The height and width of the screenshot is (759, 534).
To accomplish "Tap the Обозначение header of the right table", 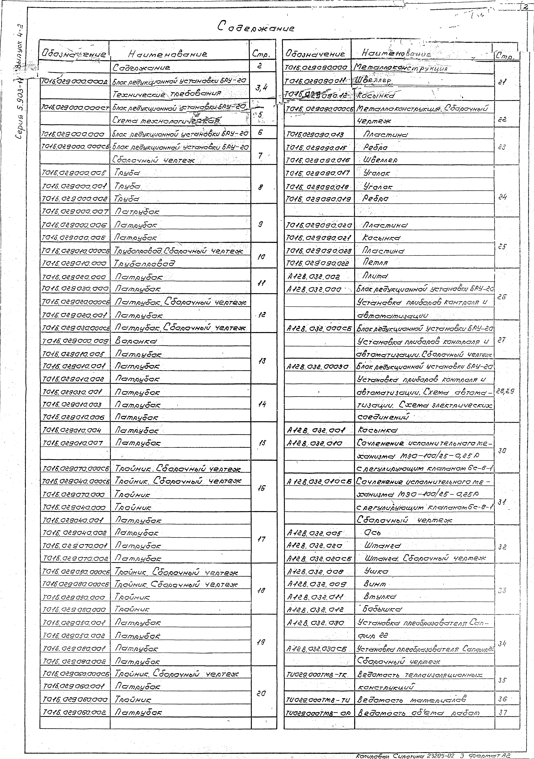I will (315, 54).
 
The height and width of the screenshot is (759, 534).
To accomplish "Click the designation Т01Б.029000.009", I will (74, 341).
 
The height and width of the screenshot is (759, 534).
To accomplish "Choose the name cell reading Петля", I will (375, 263).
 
